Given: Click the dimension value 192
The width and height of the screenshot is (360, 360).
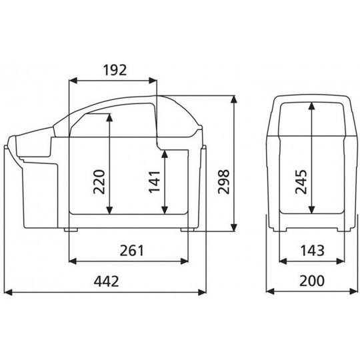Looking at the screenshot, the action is point(115,70).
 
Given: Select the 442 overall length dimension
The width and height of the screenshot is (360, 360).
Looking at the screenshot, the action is point(106,281).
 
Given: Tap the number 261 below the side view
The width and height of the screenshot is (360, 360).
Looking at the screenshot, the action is point(132,251).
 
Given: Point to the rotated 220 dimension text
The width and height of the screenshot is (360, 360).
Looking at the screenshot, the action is point(99,181).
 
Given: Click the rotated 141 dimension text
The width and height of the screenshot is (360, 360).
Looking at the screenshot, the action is point(154,181).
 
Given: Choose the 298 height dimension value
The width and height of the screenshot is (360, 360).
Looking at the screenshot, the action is point(223,181).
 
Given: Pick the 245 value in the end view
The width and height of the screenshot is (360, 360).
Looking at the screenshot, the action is point(301,181).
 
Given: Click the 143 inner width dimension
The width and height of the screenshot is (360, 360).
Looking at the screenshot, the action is point(312,251).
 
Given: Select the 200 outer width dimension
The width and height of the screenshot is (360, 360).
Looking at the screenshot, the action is point(312,281).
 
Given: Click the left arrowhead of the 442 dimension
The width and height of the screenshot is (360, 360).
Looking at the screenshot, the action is point(8,292).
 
